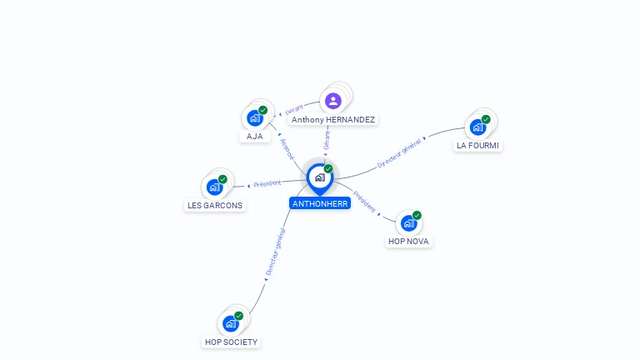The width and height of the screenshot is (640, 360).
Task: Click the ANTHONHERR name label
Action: click(320, 203)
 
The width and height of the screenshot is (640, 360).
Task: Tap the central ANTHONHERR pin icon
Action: click(319, 177)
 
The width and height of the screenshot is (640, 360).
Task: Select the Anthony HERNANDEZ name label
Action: click(333, 120)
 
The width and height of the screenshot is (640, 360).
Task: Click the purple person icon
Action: click(333, 101)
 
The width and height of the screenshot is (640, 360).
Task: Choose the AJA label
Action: click(255, 136)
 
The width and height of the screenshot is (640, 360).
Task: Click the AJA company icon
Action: click(255, 117)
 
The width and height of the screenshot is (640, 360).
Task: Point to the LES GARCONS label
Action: click(215, 205)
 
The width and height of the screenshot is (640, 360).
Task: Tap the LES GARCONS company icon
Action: click(215, 187)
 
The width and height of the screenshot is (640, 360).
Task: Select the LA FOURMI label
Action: click(479, 145)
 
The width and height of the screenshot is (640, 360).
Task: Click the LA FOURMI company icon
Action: click(477, 127)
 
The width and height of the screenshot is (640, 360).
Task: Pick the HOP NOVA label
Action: click(410, 242)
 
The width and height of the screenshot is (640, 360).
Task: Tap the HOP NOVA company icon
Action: click(408, 223)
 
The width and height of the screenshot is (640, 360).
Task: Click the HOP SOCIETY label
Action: click(232, 342)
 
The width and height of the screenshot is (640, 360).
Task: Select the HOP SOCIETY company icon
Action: click(231, 323)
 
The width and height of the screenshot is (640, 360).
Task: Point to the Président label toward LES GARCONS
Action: click(267, 183)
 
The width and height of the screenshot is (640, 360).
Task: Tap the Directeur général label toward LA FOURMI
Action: click(400, 154)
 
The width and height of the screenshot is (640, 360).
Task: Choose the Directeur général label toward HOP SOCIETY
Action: click(275, 252)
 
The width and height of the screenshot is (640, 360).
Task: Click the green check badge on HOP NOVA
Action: click(417, 215)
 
